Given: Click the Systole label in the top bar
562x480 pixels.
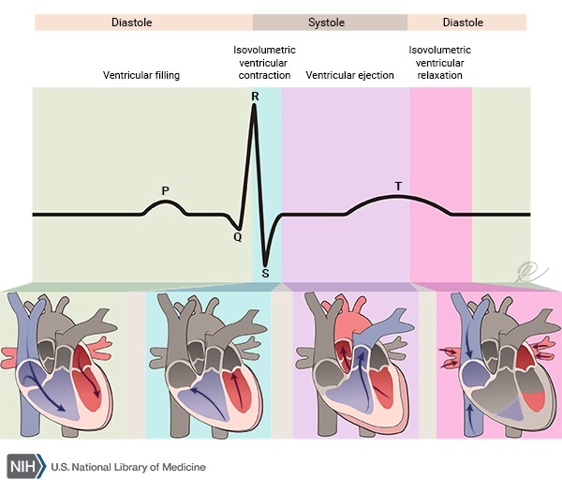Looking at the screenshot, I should tap(329, 21).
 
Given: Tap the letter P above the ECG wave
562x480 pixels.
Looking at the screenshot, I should tap(166, 190).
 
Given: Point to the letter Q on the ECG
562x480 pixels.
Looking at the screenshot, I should tap(238, 237).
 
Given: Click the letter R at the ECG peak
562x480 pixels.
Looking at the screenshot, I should tap(255, 97).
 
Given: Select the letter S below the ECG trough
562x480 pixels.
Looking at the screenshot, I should tap(266, 273).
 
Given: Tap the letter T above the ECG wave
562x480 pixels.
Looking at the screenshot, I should tap(398, 186).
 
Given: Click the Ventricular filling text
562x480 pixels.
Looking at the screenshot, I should tap(141, 74).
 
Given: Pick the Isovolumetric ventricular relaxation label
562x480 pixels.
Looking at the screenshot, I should tap(440, 62).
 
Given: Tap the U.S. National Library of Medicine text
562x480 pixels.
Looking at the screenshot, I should tap(127, 467).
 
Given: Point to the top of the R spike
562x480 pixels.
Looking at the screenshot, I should tap(255, 107).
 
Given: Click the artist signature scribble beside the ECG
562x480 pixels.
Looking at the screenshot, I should tap(527, 271).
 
